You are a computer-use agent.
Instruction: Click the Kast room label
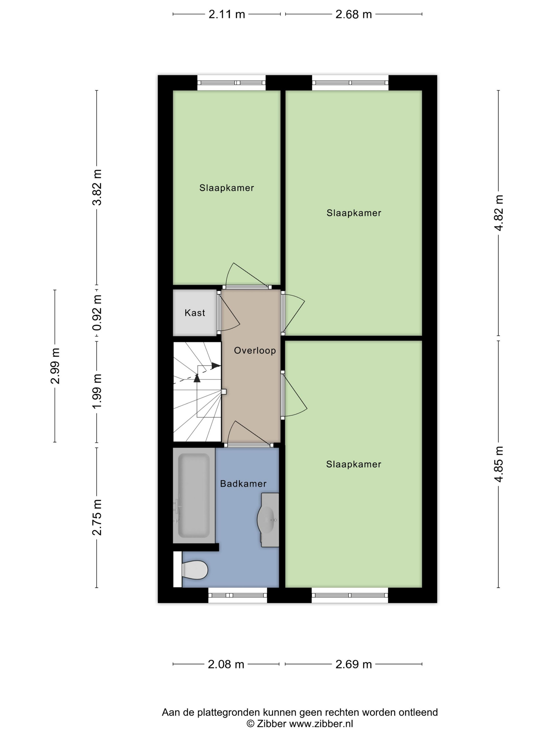[195, 312]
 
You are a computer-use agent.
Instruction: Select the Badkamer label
[243, 484]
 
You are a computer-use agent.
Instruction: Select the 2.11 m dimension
[227, 14]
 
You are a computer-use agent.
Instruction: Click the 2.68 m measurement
[354, 14]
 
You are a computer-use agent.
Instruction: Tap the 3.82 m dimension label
[97, 187]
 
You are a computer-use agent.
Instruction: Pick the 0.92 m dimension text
[97, 313]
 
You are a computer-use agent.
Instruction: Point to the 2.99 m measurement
[55, 366]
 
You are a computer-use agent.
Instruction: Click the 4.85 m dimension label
[499, 464]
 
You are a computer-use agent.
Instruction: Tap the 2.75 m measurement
[97, 517]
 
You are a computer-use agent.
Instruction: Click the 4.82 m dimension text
[499, 213]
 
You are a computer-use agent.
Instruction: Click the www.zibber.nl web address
[321, 724]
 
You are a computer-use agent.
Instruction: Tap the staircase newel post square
[224, 392]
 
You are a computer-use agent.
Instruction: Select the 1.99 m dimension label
[97, 391]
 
